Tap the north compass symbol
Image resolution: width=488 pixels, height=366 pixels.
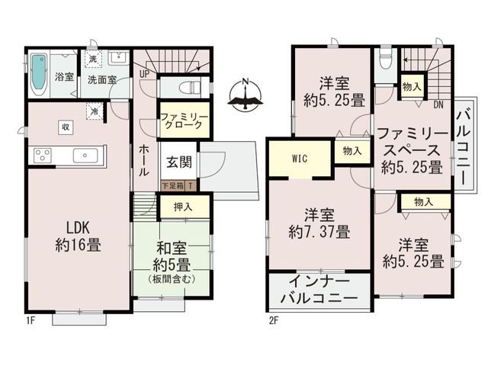click(x=246, y=95)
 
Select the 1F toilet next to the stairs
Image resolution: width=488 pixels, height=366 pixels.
click(x=191, y=87)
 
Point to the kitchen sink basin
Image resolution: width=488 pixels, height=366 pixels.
click(x=85, y=156)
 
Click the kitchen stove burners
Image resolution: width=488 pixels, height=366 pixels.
click(x=43, y=156)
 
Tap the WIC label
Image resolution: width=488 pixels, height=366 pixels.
click(x=300, y=159)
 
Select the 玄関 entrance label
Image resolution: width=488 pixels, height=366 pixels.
click(x=179, y=162)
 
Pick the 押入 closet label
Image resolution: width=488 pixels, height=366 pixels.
click(x=183, y=207)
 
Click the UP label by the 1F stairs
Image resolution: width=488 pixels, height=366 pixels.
click(x=144, y=74)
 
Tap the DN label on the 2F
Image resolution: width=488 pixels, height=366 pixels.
click(x=438, y=105)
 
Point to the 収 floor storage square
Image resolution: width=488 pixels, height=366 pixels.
click(x=66, y=127)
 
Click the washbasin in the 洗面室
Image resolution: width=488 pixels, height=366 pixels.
click(x=118, y=58)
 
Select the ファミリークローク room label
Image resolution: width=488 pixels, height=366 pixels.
click(x=184, y=121)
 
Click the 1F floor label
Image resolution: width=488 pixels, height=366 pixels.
click(x=30, y=320)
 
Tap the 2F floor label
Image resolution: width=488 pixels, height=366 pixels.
click(x=273, y=320)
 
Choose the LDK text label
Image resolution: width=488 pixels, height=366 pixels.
click(x=79, y=228)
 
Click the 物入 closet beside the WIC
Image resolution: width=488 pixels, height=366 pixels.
click(x=352, y=151)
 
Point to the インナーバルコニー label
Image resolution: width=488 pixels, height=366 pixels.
click(x=319, y=290)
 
